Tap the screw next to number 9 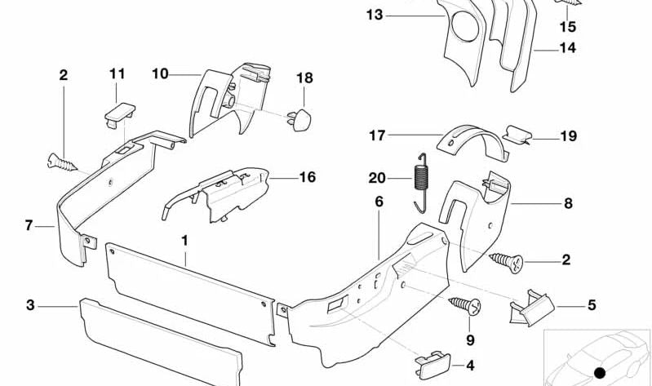pyautogui.click(x=465, y=308)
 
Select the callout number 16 pyautogui.click(x=307, y=177)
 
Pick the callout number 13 pyautogui.click(x=375, y=15)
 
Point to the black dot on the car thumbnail pyautogui.click(x=601, y=373)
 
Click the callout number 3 pyautogui.click(x=30, y=306)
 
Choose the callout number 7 pyautogui.click(x=29, y=224)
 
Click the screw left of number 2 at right pyautogui.click(x=505, y=261)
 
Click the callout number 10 pyautogui.click(x=160, y=74)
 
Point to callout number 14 pyautogui.click(x=567, y=48)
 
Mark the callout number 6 pyautogui.click(x=379, y=201)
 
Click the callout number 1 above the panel pyautogui.click(x=184, y=241)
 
